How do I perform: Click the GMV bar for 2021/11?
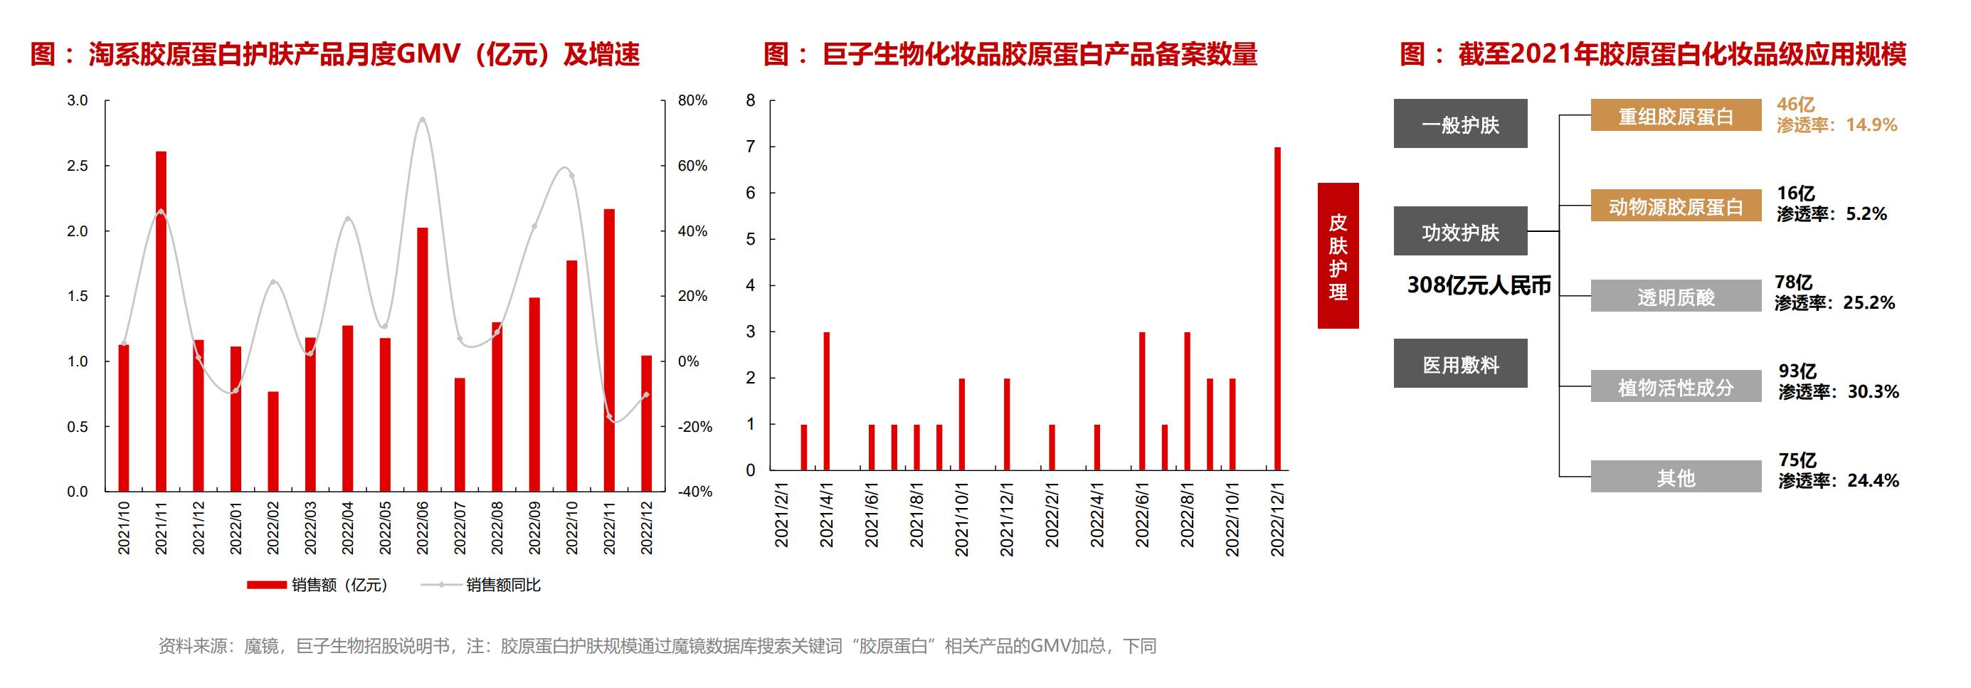point(161,322)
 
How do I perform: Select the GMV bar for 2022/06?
point(423,360)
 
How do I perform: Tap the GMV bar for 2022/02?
point(273,442)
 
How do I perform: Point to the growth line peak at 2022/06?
point(423,120)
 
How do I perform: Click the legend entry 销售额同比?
point(502,586)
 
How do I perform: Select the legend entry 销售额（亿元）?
point(339,586)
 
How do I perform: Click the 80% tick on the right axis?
point(692,100)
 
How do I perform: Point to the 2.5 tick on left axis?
point(78,166)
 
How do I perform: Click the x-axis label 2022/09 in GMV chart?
point(534,527)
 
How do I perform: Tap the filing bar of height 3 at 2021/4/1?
point(826,401)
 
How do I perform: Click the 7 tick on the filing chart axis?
point(751,146)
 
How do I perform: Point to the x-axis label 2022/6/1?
point(1141,514)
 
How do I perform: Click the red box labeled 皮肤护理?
point(1338,255)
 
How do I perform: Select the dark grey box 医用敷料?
point(1460,364)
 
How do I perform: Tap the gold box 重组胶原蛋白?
point(1676,115)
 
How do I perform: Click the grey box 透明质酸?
point(1676,296)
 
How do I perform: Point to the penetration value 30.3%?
point(1873,392)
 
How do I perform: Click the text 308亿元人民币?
point(1479,285)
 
